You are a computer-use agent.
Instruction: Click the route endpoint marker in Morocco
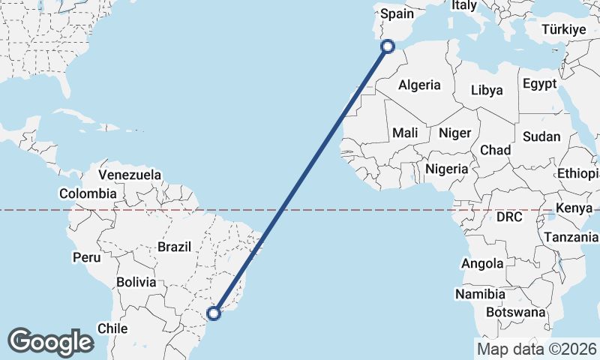click(388, 46)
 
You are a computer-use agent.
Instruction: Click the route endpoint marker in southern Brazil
click(214, 313)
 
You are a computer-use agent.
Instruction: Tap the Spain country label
click(397, 13)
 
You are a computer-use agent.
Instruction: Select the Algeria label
click(419, 85)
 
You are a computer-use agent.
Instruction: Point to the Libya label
click(487, 90)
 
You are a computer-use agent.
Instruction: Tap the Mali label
click(405, 133)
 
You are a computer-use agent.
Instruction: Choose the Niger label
click(454, 133)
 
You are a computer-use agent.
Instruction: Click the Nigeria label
click(447, 169)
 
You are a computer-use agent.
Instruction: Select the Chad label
click(495, 150)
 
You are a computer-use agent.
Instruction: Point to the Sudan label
click(541, 136)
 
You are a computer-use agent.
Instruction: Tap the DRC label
click(508, 217)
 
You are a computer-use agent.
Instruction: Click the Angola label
click(483, 263)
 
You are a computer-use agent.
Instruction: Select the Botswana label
click(517, 311)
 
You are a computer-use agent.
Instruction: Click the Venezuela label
click(130, 175)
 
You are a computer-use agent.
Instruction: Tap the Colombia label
click(88, 193)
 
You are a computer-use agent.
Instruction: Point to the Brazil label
click(175, 246)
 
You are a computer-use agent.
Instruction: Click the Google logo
click(50, 341)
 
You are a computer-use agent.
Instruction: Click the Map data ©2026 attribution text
click(536, 349)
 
